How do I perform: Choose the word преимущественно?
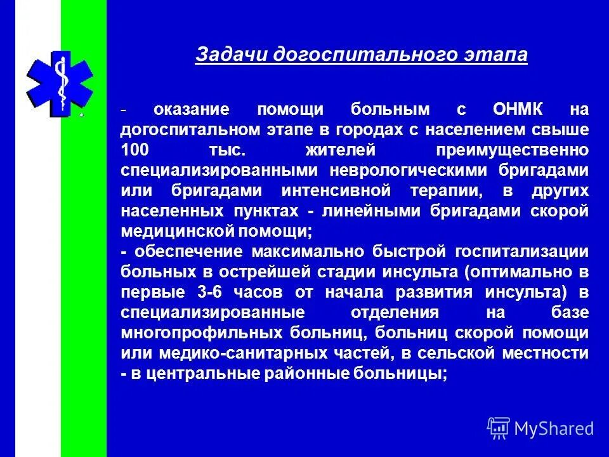click(x=512, y=150)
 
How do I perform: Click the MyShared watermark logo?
click(x=540, y=428)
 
